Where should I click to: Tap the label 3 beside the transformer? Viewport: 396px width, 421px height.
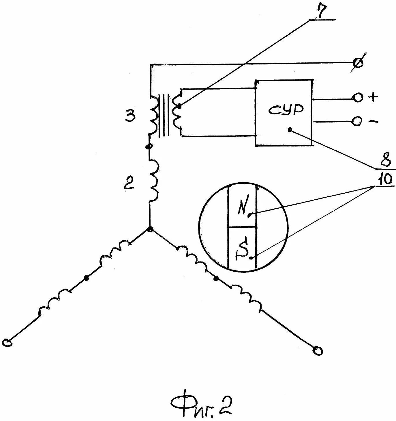tap(130, 117)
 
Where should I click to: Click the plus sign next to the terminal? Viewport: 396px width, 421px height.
tap(373, 97)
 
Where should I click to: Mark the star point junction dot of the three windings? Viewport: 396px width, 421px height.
tap(150, 229)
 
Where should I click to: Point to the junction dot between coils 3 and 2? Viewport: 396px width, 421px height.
tap(149, 147)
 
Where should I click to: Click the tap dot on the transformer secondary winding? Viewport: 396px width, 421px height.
tap(179, 107)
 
